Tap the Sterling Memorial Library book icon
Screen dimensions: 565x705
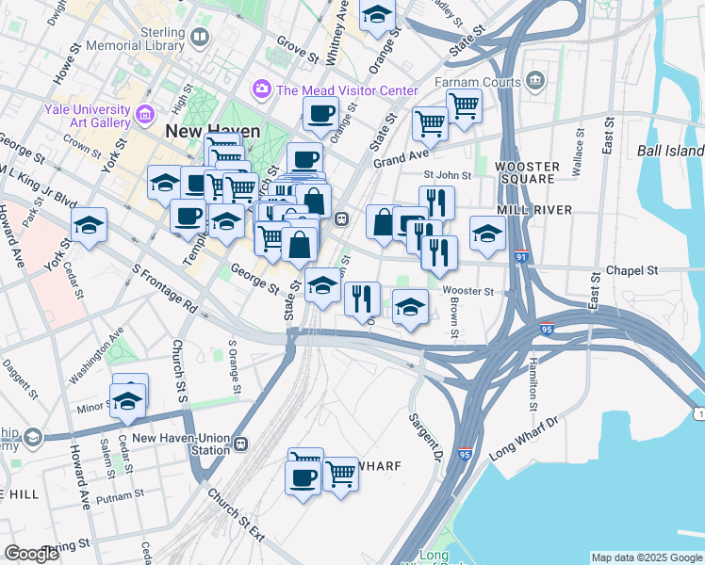click(x=199, y=38)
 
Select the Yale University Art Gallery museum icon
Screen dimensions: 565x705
click(x=145, y=116)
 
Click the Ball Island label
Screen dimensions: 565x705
click(x=670, y=151)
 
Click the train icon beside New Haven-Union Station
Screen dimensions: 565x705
click(x=241, y=444)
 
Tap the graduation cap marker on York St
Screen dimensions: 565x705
click(x=90, y=225)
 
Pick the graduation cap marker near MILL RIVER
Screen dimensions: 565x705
click(x=487, y=234)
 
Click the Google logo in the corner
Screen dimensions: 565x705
click(x=32, y=554)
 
